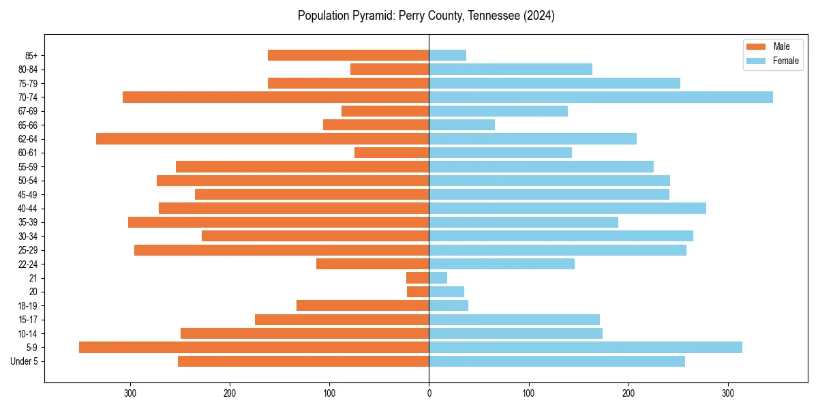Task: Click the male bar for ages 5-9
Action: pos(254,348)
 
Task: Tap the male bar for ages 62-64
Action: pos(262,139)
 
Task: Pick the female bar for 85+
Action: pos(447,55)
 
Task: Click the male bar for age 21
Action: pos(417,278)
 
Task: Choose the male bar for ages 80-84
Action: pos(389,70)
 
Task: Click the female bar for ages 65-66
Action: pos(461,125)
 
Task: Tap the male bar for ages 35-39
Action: pos(278,222)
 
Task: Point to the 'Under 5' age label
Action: pos(25,361)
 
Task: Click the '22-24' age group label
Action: pos(28,264)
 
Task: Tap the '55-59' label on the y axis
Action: pos(28,167)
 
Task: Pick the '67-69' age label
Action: pos(28,111)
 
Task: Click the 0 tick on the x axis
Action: pos(429,393)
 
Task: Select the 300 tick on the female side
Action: pos(728,393)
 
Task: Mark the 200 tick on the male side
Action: pos(230,393)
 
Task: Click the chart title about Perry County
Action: pos(426,16)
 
